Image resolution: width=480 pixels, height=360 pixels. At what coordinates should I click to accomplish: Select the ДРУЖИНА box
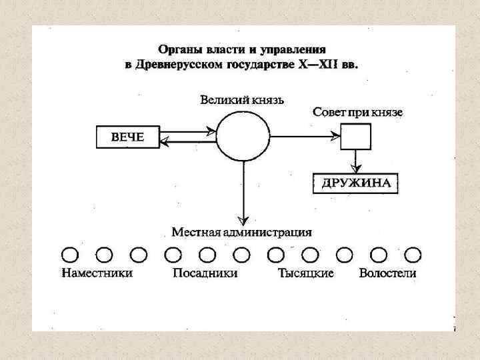(355, 183)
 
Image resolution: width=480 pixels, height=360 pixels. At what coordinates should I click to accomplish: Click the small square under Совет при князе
(355, 137)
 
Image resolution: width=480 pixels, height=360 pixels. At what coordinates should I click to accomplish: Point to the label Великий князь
(243, 100)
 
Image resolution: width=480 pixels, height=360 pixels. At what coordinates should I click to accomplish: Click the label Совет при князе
(357, 112)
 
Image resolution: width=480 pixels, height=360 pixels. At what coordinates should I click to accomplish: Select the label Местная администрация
(242, 233)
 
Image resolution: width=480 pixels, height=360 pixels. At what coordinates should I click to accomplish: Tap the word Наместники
(97, 273)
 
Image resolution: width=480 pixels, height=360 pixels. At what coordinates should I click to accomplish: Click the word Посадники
(205, 273)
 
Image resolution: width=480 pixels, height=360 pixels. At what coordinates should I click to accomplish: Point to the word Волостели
(387, 273)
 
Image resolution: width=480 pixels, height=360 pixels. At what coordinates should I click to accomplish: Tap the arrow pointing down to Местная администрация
(243, 193)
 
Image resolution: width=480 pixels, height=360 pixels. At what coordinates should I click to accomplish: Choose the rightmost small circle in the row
(413, 254)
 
